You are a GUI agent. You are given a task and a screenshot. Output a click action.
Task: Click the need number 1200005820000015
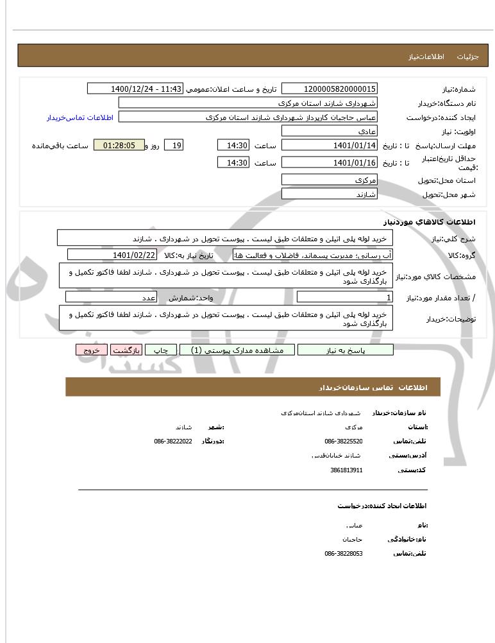(x=330, y=89)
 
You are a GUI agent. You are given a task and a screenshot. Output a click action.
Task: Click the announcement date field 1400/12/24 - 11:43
(x=135, y=89)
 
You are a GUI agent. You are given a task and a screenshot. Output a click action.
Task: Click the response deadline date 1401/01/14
(x=330, y=146)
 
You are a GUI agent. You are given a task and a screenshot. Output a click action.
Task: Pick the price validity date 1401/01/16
(x=330, y=163)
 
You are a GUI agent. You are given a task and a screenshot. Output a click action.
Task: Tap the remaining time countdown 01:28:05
(x=119, y=146)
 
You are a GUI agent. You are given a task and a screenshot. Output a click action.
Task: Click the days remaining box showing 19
(x=174, y=146)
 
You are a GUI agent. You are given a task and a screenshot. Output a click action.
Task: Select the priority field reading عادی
(x=330, y=131)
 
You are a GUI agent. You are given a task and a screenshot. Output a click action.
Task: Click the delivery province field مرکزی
(x=330, y=180)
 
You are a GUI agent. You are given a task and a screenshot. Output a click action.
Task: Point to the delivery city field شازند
(x=330, y=194)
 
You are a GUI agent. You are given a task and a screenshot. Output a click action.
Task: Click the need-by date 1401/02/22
(x=112, y=255)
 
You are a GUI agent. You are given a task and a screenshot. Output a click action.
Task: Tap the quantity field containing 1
(x=345, y=297)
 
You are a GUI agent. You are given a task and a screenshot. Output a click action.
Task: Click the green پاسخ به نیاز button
(x=345, y=350)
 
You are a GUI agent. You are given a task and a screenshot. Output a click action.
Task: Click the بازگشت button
(x=126, y=350)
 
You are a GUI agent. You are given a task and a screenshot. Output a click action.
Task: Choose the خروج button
(x=91, y=350)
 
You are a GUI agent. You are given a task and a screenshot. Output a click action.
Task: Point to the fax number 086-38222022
(x=173, y=442)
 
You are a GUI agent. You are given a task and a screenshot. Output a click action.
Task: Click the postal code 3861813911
(x=346, y=470)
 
